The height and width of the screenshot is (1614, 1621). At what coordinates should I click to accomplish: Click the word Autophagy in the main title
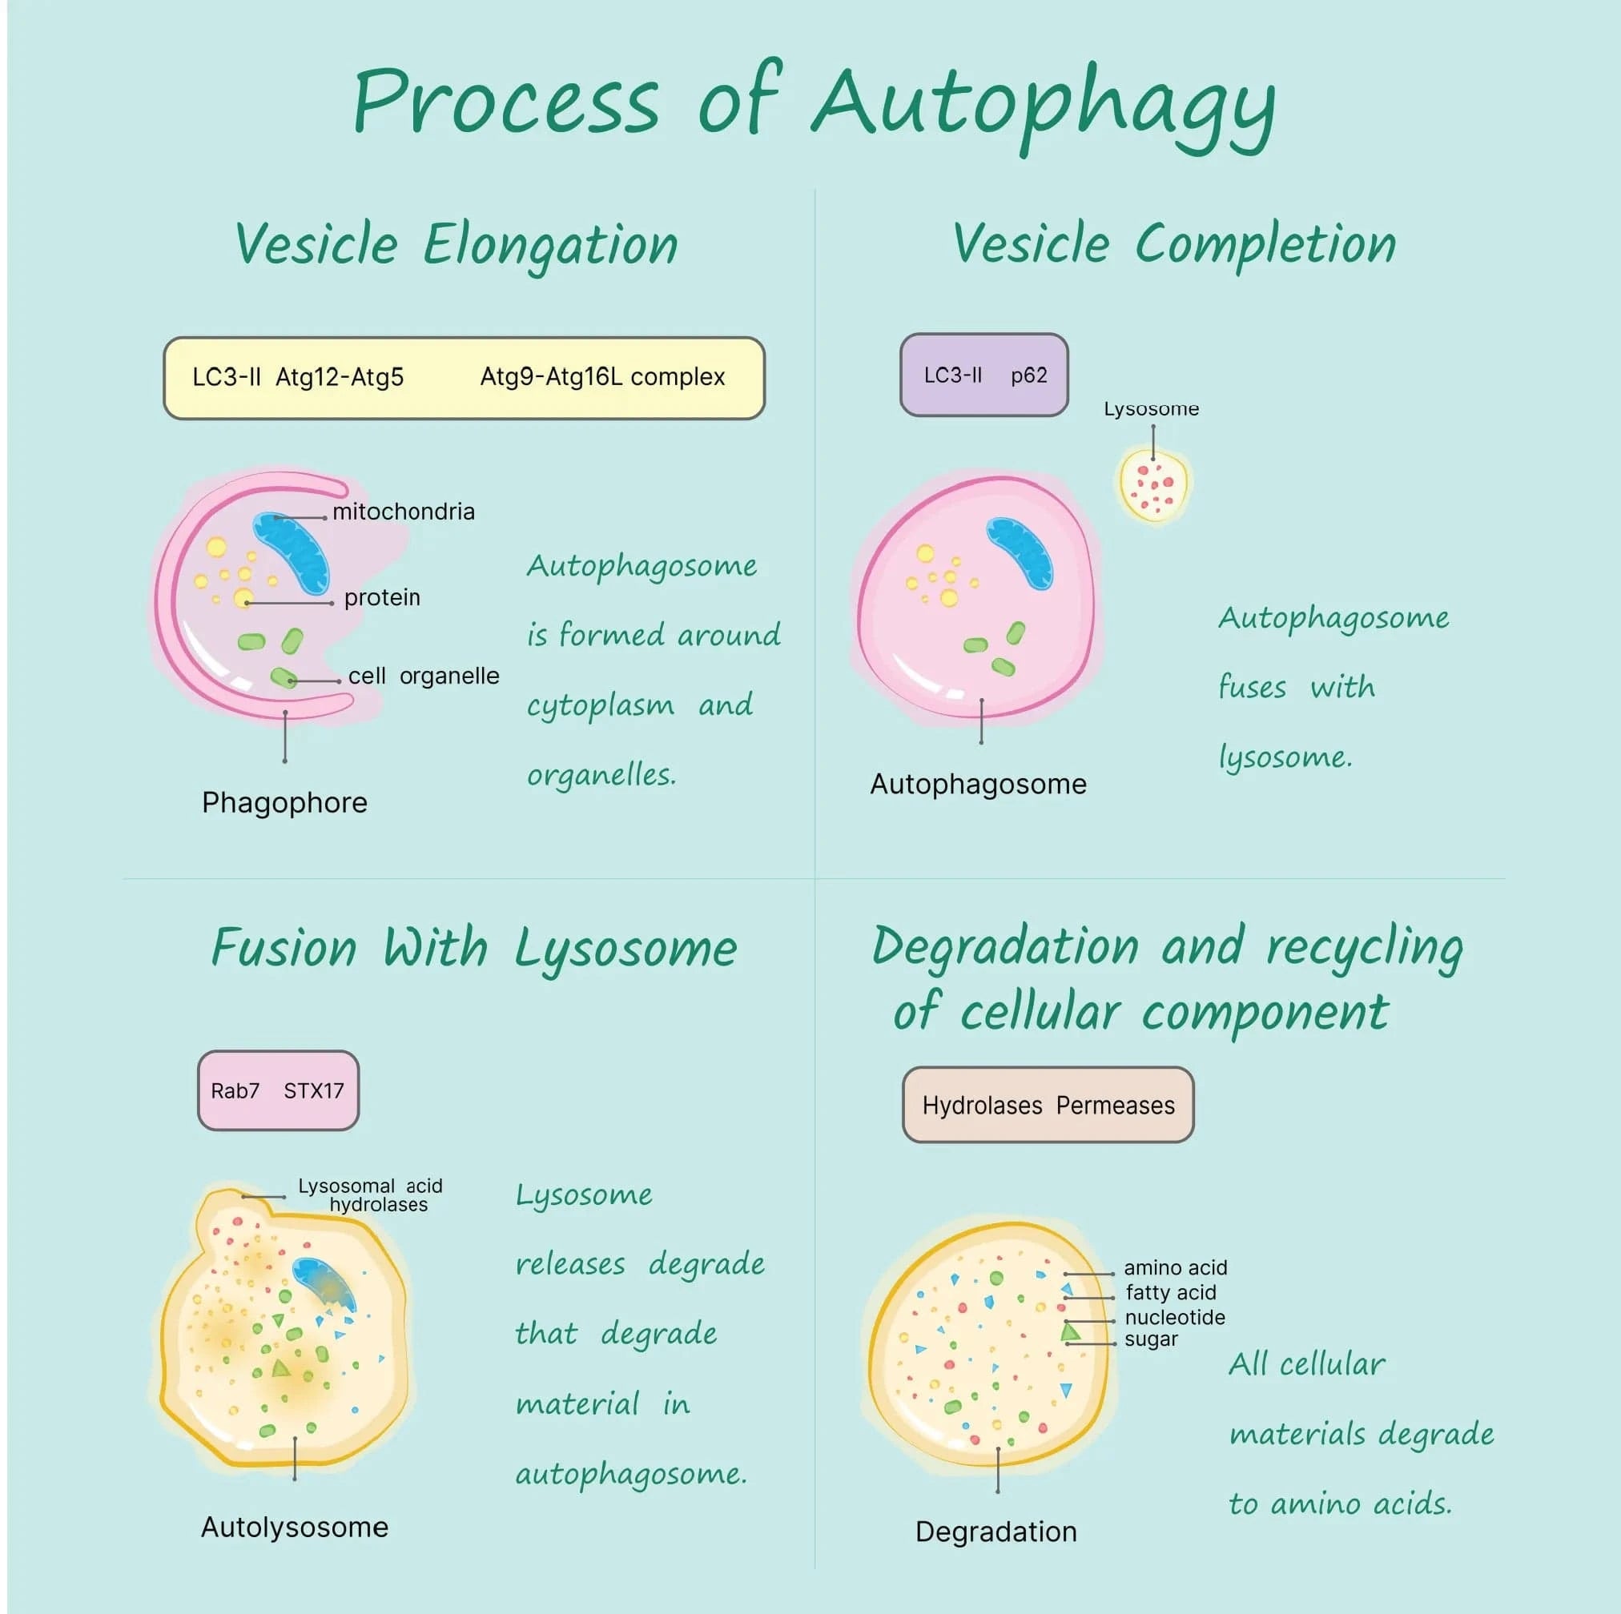pyautogui.click(x=1044, y=105)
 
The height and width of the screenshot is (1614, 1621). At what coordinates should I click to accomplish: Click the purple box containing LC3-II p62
pyautogui.click(x=983, y=375)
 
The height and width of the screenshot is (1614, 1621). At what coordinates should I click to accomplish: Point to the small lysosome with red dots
pyautogui.click(x=1155, y=486)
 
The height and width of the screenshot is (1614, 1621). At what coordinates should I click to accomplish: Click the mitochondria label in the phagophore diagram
pyautogui.click(x=403, y=512)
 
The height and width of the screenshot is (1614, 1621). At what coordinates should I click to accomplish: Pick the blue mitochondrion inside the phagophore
pyautogui.click(x=292, y=553)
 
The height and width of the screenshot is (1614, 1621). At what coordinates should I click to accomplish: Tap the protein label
pyautogui.click(x=382, y=597)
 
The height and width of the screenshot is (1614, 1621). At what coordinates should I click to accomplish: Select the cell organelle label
pyautogui.click(x=423, y=677)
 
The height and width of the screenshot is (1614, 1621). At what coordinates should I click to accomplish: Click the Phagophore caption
pyautogui.click(x=284, y=803)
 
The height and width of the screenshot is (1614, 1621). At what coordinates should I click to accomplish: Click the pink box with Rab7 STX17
pyautogui.click(x=278, y=1090)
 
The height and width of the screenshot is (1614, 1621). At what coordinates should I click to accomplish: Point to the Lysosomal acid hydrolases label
pyautogui.click(x=370, y=1194)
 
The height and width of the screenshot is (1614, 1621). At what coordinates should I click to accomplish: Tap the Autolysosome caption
pyautogui.click(x=295, y=1527)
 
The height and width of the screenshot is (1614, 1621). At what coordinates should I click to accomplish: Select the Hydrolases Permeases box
pyautogui.click(x=1047, y=1106)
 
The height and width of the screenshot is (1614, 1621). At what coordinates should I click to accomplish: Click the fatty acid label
pyautogui.click(x=1170, y=1293)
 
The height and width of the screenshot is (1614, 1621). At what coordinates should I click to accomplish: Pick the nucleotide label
pyautogui.click(x=1174, y=1317)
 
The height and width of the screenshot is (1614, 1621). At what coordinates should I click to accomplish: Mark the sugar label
pyautogui.click(x=1150, y=1339)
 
